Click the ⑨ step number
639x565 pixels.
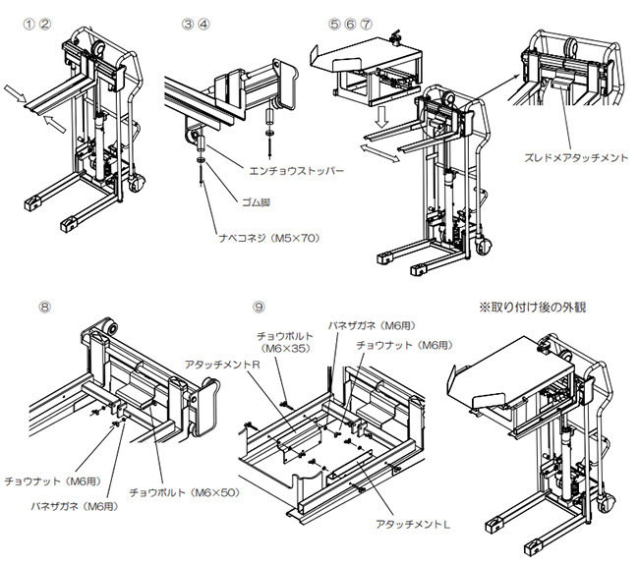tap(259, 306)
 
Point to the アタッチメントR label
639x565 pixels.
tap(224, 364)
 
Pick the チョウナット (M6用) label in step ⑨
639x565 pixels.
tap(405, 345)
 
